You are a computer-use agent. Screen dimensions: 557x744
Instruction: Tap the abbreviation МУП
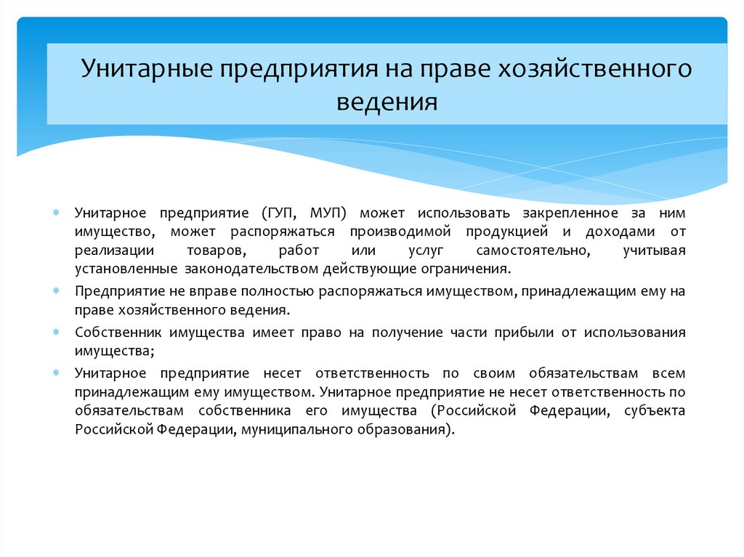[328, 214]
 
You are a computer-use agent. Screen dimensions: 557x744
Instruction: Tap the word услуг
[418, 251]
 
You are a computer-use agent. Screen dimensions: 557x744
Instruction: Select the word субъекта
[658, 411]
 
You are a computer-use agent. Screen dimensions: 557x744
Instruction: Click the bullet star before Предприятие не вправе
[56, 292]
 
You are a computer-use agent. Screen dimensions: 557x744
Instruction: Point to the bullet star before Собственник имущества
[56, 333]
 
